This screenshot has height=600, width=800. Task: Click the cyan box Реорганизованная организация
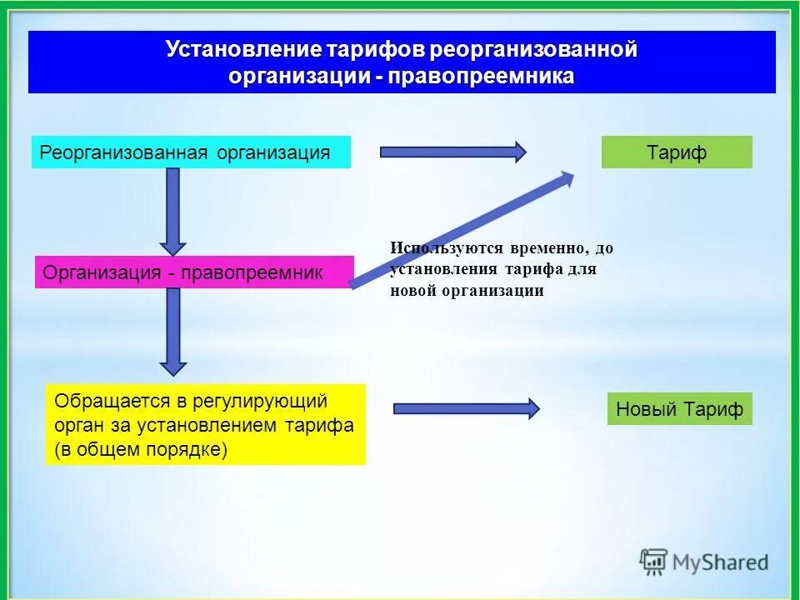click(x=191, y=153)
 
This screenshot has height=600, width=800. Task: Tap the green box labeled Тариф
click(x=677, y=152)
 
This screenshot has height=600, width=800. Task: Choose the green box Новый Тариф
click(x=679, y=409)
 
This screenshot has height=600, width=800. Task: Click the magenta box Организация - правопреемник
click(x=194, y=272)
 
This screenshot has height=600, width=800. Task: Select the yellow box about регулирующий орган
click(x=205, y=424)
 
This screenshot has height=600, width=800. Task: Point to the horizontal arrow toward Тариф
click(x=452, y=152)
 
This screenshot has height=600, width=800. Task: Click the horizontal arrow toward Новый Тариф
click(x=466, y=408)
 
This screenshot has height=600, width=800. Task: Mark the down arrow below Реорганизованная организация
click(x=172, y=210)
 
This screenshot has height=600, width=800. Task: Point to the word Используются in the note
click(x=444, y=248)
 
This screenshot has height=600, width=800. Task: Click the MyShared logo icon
click(x=653, y=562)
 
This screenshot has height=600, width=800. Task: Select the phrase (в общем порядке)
click(x=141, y=449)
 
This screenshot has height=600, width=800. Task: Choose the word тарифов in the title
click(x=385, y=49)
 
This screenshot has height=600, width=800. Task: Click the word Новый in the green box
click(x=646, y=409)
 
